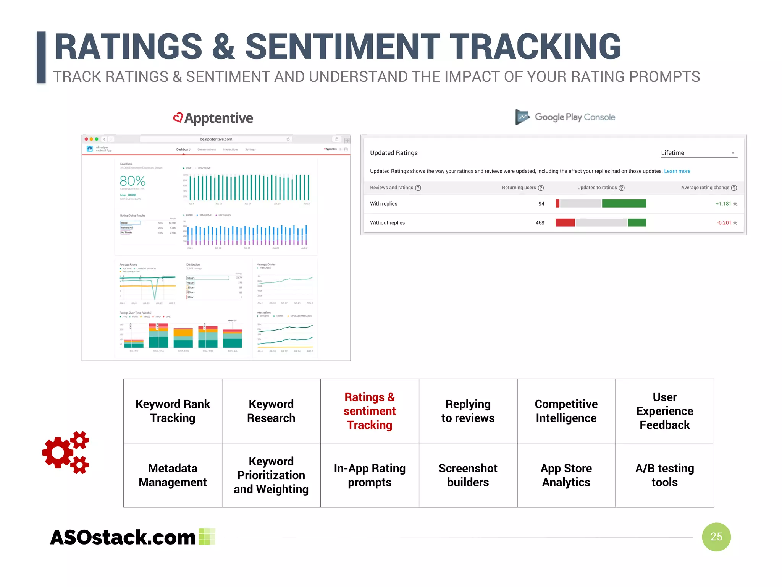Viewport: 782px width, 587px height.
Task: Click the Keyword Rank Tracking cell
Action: coord(173,411)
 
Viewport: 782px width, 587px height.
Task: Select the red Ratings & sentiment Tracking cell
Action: coord(370,411)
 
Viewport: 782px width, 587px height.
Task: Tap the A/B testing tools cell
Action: coord(664,475)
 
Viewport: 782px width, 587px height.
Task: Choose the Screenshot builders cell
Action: coord(468,475)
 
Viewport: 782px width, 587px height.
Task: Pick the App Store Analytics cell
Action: coord(566,475)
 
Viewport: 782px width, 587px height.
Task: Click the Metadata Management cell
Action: coord(173,475)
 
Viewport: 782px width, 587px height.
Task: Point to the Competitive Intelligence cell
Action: coord(566,411)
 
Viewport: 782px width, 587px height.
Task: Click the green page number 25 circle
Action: coord(716,537)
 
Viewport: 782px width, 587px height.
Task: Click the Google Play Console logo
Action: coord(565,117)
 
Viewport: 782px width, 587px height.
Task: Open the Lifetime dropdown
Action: coord(698,153)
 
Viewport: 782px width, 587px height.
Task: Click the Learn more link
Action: coord(677,171)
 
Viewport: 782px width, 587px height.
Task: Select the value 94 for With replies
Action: coord(541,204)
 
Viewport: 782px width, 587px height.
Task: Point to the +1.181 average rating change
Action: coord(723,204)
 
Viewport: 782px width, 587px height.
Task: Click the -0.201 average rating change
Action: coord(724,223)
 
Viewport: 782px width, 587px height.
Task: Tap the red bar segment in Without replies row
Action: coord(565,222)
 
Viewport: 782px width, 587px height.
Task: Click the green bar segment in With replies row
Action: coord(624,203)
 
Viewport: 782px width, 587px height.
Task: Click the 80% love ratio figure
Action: coord(132,181)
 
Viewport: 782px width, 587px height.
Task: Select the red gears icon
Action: coord(66,452)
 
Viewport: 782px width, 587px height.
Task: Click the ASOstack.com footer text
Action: coord(123,537)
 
